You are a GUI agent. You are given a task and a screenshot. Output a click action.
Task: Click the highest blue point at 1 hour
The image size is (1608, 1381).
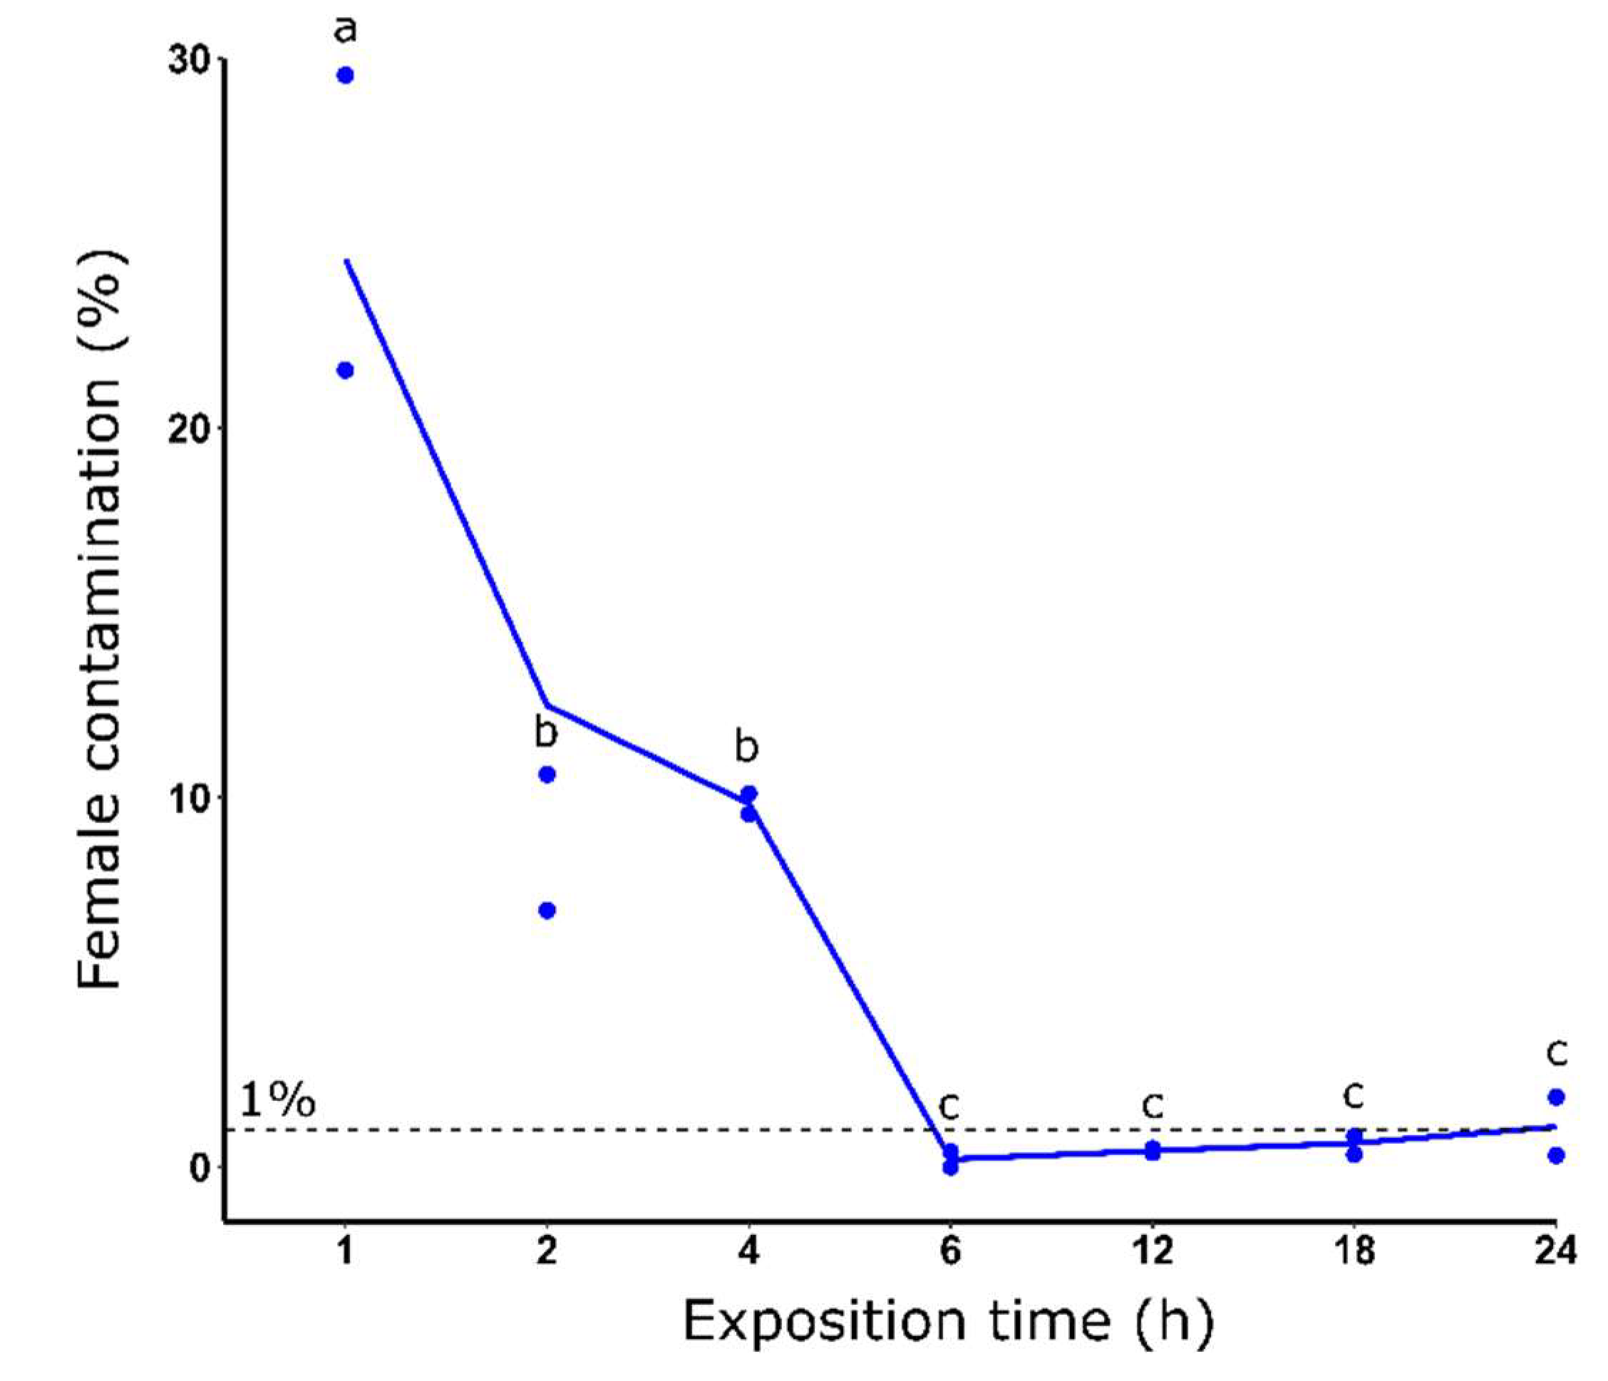click(x=346, y=76)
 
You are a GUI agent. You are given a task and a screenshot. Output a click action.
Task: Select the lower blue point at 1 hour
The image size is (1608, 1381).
click(x=346, y=370)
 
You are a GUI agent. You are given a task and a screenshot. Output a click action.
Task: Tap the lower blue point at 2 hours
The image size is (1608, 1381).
click(x=547, y=910)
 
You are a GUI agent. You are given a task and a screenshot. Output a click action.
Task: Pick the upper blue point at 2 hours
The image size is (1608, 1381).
click(x=547, y=775)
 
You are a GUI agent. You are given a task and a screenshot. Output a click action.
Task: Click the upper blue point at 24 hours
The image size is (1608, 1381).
click(x=1555, y=1097)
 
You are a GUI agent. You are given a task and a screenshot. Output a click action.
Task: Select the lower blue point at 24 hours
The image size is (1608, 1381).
click(x=1555, y=1155)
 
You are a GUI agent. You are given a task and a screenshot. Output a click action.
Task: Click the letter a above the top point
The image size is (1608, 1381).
click(x=346, y=29)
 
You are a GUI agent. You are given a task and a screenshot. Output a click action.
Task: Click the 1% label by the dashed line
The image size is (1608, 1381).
click(x=277, y=1100)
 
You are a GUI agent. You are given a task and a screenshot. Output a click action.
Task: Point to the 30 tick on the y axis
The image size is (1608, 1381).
click(x=191, y=61)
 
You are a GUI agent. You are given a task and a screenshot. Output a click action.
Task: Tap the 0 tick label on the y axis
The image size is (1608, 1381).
click(x=200, y=1167)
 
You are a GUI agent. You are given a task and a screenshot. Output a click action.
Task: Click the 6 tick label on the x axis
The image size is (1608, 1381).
click(x=951, y=1251)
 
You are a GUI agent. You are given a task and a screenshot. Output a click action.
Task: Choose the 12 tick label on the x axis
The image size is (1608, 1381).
click(x=1153, y=1251)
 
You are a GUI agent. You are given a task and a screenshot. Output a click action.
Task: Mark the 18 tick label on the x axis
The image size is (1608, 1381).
click(x=1354, y=1251)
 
